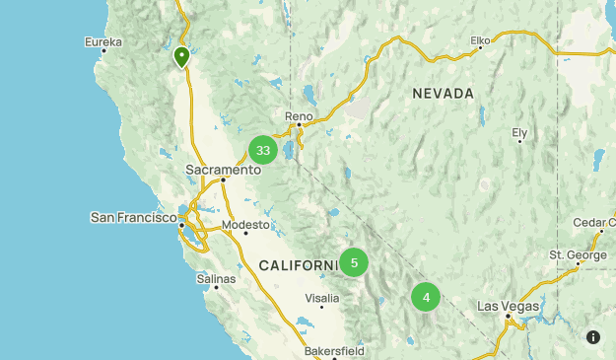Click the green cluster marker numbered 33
262,150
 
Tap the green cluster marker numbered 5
354,262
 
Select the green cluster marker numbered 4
426,297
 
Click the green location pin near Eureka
181,57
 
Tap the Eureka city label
103,42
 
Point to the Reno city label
299,116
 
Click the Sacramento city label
223,170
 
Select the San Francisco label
133,217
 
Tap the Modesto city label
245,225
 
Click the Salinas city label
216,279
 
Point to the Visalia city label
322,297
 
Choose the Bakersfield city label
334,350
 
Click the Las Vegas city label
509,306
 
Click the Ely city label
519,132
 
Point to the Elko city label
480,40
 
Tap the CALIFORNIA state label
299,265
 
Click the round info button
593,337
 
